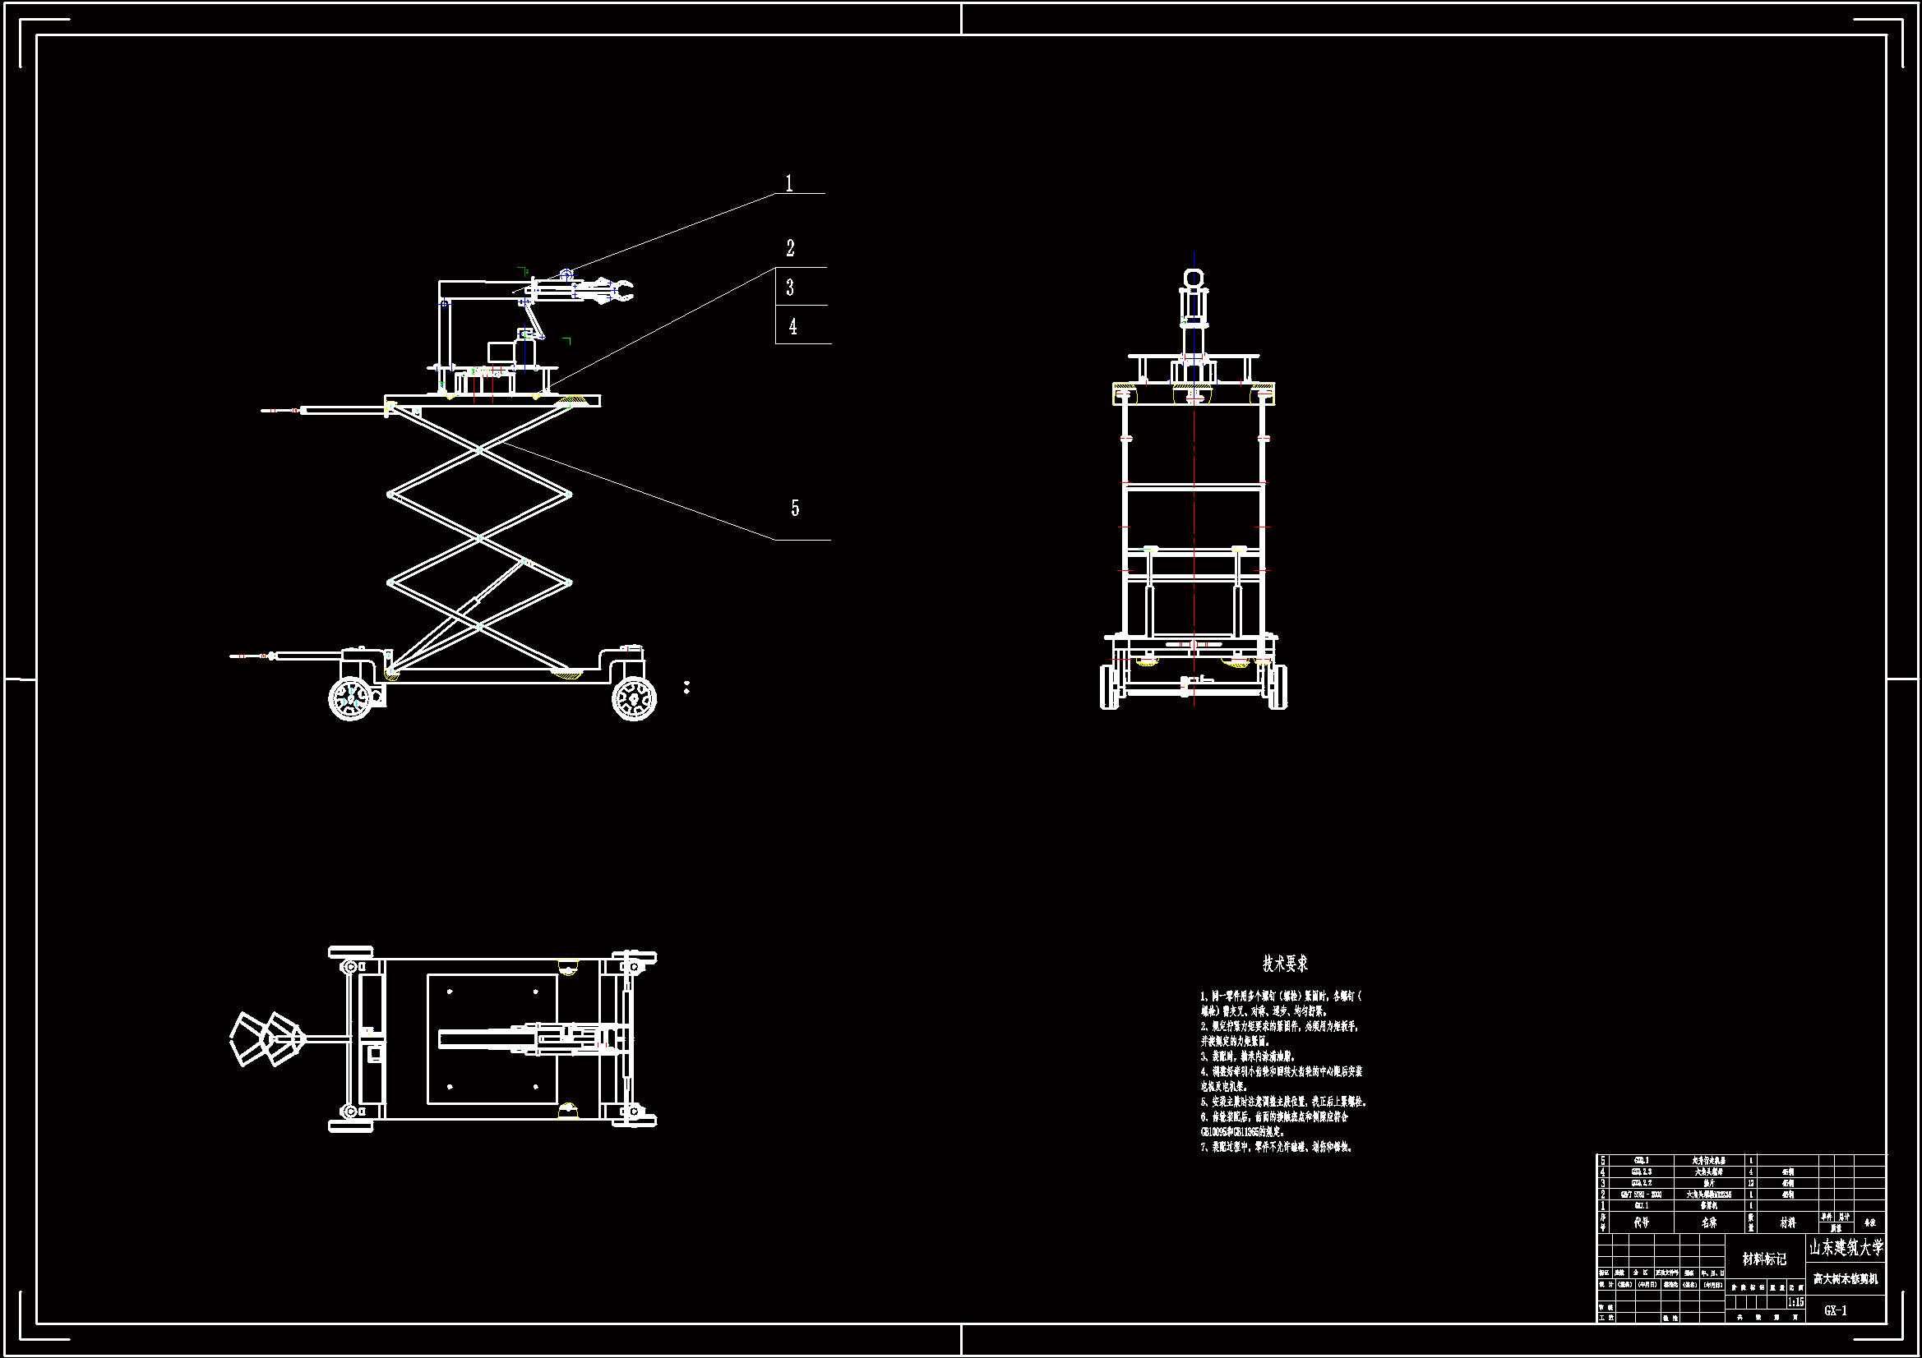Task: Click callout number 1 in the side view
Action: [x=788, y=183]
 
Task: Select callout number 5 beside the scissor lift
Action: [x=794, y=508]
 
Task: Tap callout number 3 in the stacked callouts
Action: [x=790, y=288]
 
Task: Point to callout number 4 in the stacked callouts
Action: [x=792, y=326]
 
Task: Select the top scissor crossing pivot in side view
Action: [x=478, y=449]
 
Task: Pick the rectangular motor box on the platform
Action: [x=501, y=352]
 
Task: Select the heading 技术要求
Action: [x=1285, y=964]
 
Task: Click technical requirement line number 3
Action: [x=1247, y=1056]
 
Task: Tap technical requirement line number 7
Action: [x=1277, y=1147]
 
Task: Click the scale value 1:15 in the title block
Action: [x=1795, y=1302]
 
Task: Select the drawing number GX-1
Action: [x=1835, y=1310]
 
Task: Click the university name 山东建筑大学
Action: [x=1846, y=1249]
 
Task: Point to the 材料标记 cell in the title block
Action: [x=1764, y=1259]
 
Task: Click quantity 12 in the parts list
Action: [x=1750, y=1183]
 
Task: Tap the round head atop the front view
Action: [x=1194, y=278]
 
